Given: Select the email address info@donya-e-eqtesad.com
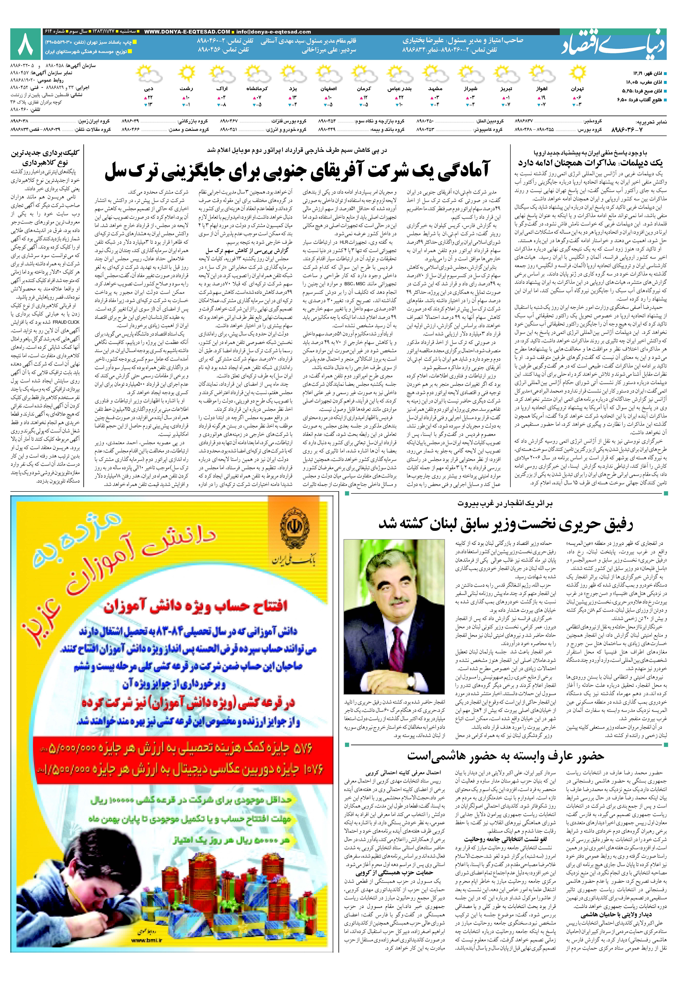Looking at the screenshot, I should point(274,32).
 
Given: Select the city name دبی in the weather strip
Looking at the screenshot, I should point(148,89).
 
